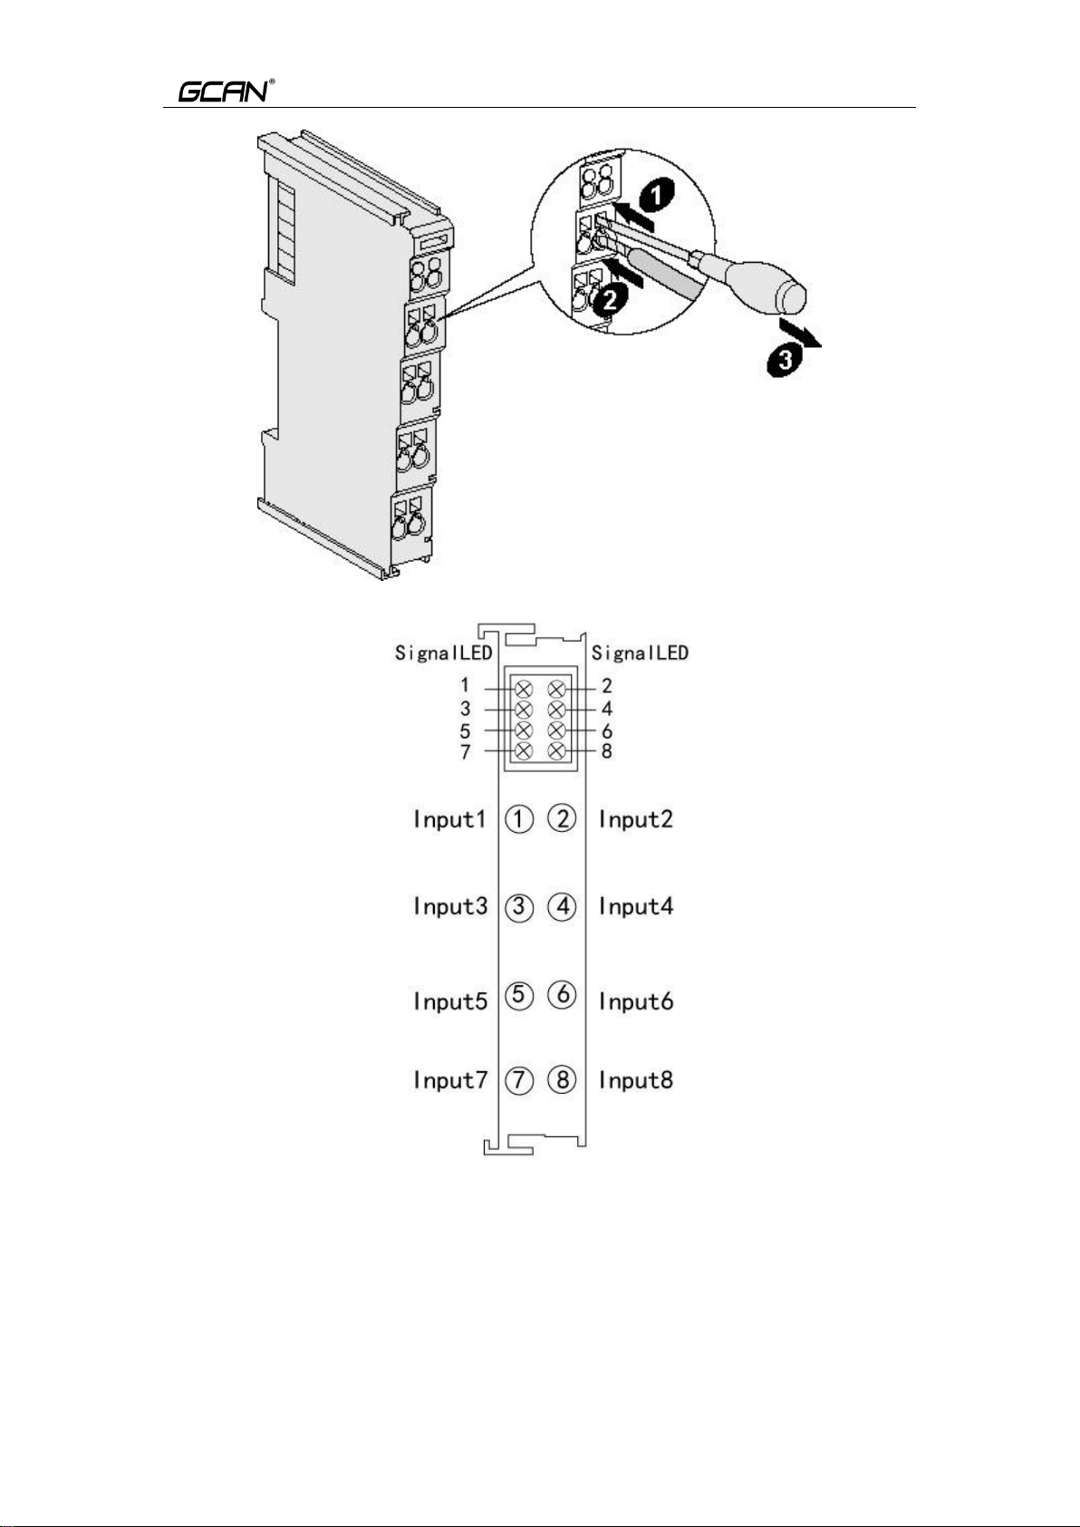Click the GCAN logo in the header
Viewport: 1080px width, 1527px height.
pyautogui.click(x=223, y=92)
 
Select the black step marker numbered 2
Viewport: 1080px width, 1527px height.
pyautogui.click(x=611, y=299)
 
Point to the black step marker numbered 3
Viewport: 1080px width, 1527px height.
pyautogui.click(x=785, y=362)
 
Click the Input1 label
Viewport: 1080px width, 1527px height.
pyautogui.click(x=449, y=819)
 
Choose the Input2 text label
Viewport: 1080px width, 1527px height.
pyautogui.click(x=635, y=819)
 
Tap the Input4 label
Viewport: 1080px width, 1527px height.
pyautogui.click(x=635, y=906)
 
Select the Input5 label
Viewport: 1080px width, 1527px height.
pyautogui.click(x=449, y=1001)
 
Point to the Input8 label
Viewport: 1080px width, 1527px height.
pyautogui.click(x=635, y=1080)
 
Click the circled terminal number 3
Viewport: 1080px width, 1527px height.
pyautogui.click(x=519, y=907)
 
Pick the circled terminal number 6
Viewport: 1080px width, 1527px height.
pyautogui.click(x=563, y=994)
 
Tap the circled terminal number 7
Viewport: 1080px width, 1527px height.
pyautogui.click(x=519, y=1080)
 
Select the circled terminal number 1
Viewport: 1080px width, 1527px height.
pyautogui.click(x=519, y=820)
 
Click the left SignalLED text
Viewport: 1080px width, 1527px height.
pyautogui.click(x=443, y=652)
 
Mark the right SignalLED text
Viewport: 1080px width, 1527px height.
pyautogui.click(x=640, y=652)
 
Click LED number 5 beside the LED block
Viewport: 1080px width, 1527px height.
pyautogui.click(x=466, y=730)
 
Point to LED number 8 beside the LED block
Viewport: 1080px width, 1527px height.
pyautogui.click(x=607, y=751)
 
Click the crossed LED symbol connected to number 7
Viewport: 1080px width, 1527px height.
pyautogui.click(x=524, y=751)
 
